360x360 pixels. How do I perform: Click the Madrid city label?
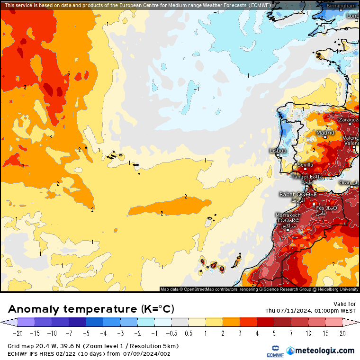[325, 133]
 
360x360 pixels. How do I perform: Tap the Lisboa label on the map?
[278, 151]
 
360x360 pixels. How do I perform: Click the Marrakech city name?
[288, 215]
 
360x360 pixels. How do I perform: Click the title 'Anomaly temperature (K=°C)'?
[91, 309]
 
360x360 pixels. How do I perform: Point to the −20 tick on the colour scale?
[18, 333]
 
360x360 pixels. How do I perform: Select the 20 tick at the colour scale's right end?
[342, 333]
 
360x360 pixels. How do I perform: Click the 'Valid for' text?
[344, 304]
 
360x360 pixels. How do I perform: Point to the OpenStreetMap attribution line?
[259, 289]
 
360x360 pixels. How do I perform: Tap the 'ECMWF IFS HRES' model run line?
[89, 353]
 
